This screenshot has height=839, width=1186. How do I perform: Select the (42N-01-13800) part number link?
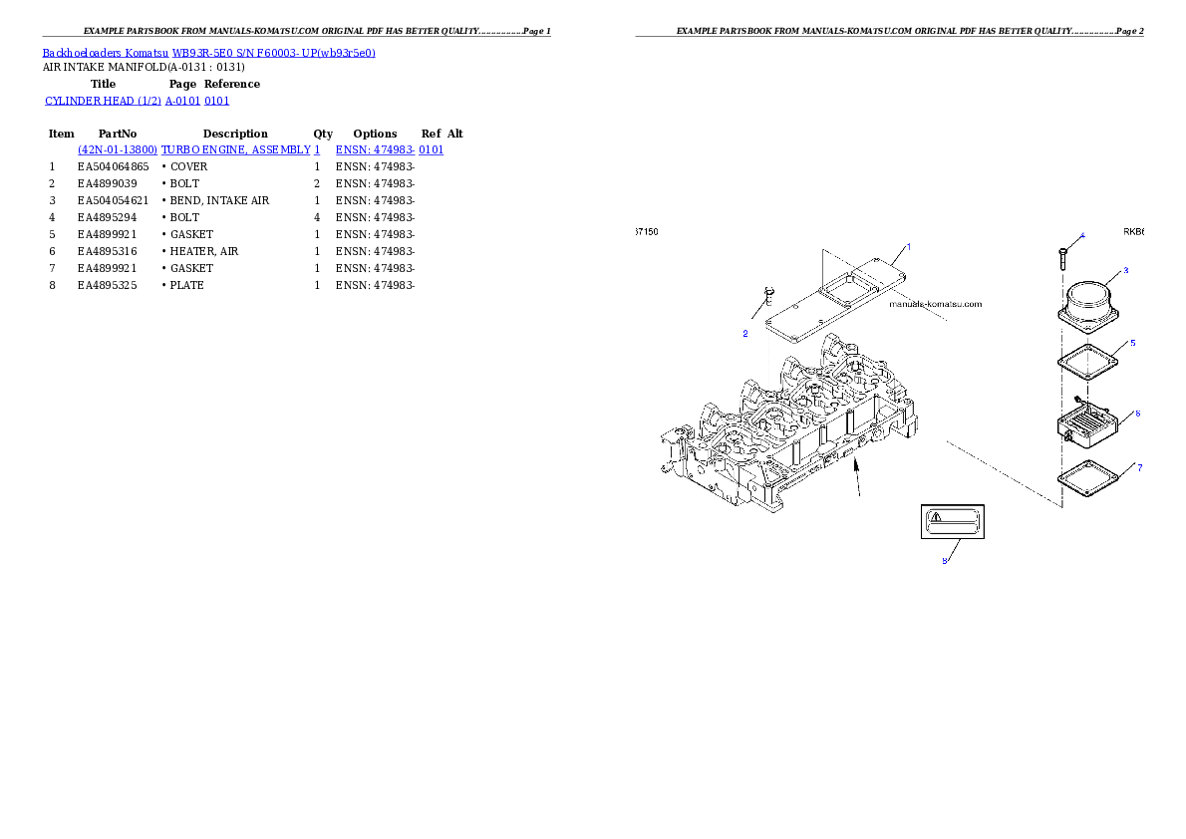[118, 149]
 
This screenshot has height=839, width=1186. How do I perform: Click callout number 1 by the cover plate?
[908, 246]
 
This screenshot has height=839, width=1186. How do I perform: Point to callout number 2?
[744, 334]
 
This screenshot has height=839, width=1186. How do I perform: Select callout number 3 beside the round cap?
[1125, 270]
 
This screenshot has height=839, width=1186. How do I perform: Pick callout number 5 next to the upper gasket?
[1132, 343]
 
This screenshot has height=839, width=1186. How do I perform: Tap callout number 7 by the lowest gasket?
[1139, 467]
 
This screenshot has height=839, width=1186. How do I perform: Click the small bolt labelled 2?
[768, 295]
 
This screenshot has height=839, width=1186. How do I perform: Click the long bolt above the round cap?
[1062, 255]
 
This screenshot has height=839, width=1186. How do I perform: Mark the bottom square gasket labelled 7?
[1088, 479]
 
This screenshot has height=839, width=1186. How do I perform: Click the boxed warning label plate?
[953, 521]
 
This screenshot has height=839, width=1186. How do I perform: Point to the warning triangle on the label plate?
[935, 516]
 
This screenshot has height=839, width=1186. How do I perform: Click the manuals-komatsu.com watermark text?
[936, 304]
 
